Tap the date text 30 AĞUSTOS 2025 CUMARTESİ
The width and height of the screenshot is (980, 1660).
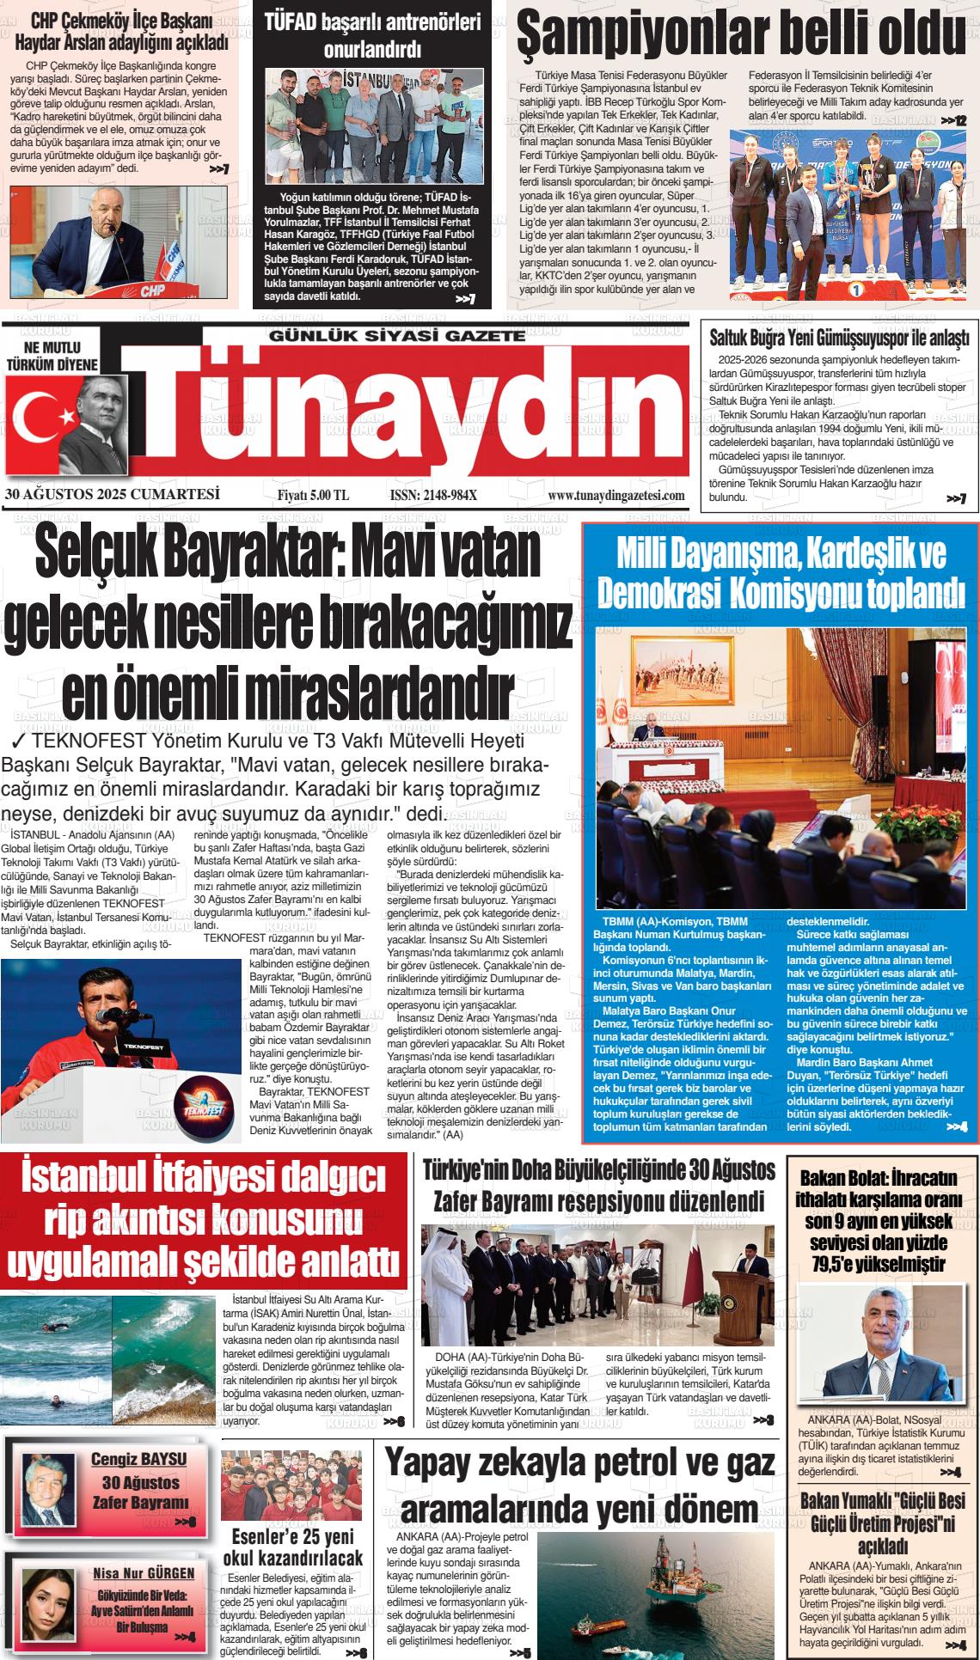pos(113,495)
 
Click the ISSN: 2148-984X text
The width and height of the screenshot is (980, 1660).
pos(432,496)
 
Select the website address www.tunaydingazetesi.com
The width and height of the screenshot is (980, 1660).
pos(616,496)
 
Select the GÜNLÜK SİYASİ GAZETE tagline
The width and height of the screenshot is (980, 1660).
pos(396,334)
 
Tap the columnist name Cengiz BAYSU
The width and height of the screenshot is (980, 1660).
pos(138,1459)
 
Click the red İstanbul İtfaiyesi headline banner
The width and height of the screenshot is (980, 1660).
pos(204,1220)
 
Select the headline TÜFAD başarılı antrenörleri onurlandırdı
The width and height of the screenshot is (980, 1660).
pos(371,35)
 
